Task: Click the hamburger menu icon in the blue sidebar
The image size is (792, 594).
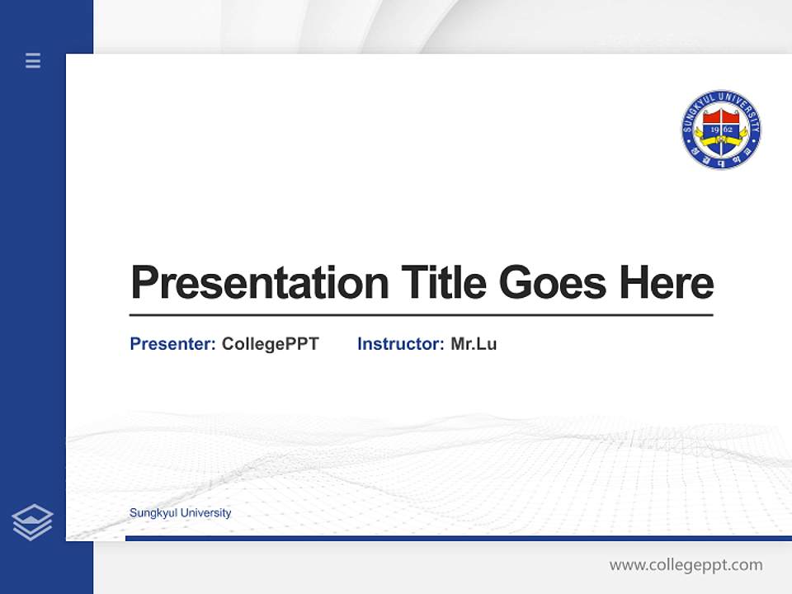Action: pos(33,60)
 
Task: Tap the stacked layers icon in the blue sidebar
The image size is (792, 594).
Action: pos(32,522)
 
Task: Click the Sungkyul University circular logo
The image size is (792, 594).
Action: pos(721,130)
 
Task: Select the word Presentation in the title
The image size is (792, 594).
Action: pos(259,283)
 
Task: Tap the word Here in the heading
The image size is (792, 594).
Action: pos(667,283)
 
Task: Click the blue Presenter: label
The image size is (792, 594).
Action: pos(172,344)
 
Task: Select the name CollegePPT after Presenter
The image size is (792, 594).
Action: pos(270,344)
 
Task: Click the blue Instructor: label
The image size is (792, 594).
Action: pos(400,344)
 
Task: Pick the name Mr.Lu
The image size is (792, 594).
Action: pos(474,344)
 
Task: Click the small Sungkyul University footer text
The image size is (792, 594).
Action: pos(180,513)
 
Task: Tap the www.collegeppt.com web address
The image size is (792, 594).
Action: pos(686,565)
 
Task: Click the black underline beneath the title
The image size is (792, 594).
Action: pos(421,315)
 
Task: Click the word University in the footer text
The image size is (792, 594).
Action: pos(205,513)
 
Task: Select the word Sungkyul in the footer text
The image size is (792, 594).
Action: pos(153,513)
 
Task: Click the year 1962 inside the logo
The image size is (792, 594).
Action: pos(721,130)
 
